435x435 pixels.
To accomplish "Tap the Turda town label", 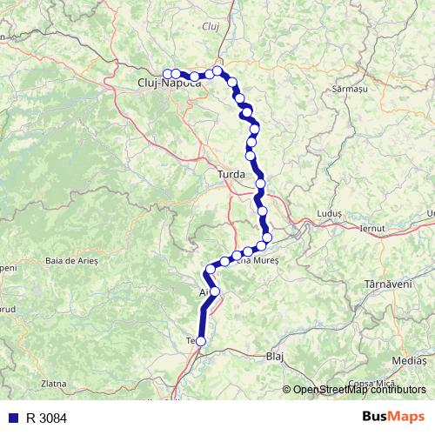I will click(x=231, y=174).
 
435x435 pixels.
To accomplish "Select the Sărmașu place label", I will click(x=351, y=89).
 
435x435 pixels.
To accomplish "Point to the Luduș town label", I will click(x=332, y=214).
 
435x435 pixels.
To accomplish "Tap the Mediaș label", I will click(x=410, y=358).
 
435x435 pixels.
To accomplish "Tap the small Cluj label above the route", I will click(x=211, y=26).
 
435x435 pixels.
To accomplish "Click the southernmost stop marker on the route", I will click(x=201, y=342).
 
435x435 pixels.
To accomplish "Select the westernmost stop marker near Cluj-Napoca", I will click(x=167, y=73).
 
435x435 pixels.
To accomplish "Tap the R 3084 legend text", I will click(x=45, y=418).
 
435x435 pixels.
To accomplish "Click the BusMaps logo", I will click(x=393, y=418).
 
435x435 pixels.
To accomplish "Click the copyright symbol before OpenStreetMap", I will click(x=287, y=390).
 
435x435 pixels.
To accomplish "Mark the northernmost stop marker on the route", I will click(x=217, y=70).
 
